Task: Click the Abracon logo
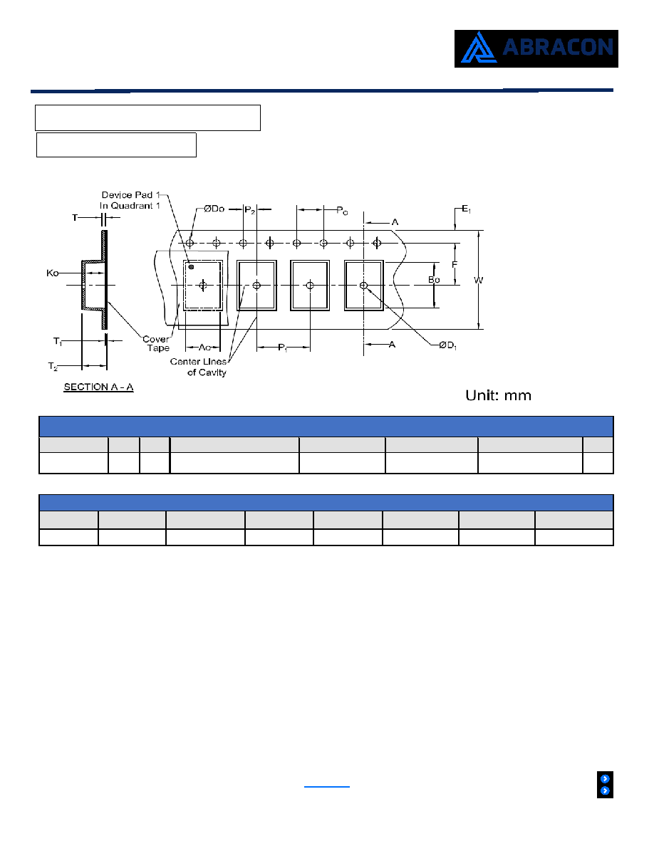(x=536, y=48)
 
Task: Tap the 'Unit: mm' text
(x=498, y=395)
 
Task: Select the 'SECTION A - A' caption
(x=98, y=387)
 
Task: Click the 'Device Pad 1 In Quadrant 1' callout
(x=130, y=200)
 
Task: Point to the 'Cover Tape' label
(x=156, y=344)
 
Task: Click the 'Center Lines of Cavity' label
(x=198, y=367)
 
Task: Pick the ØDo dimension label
(x=214, y=209)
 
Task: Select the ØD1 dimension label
(x=448, y=345)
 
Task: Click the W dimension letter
(x=479, y=280)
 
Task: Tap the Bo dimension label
(x=434, y=279)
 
